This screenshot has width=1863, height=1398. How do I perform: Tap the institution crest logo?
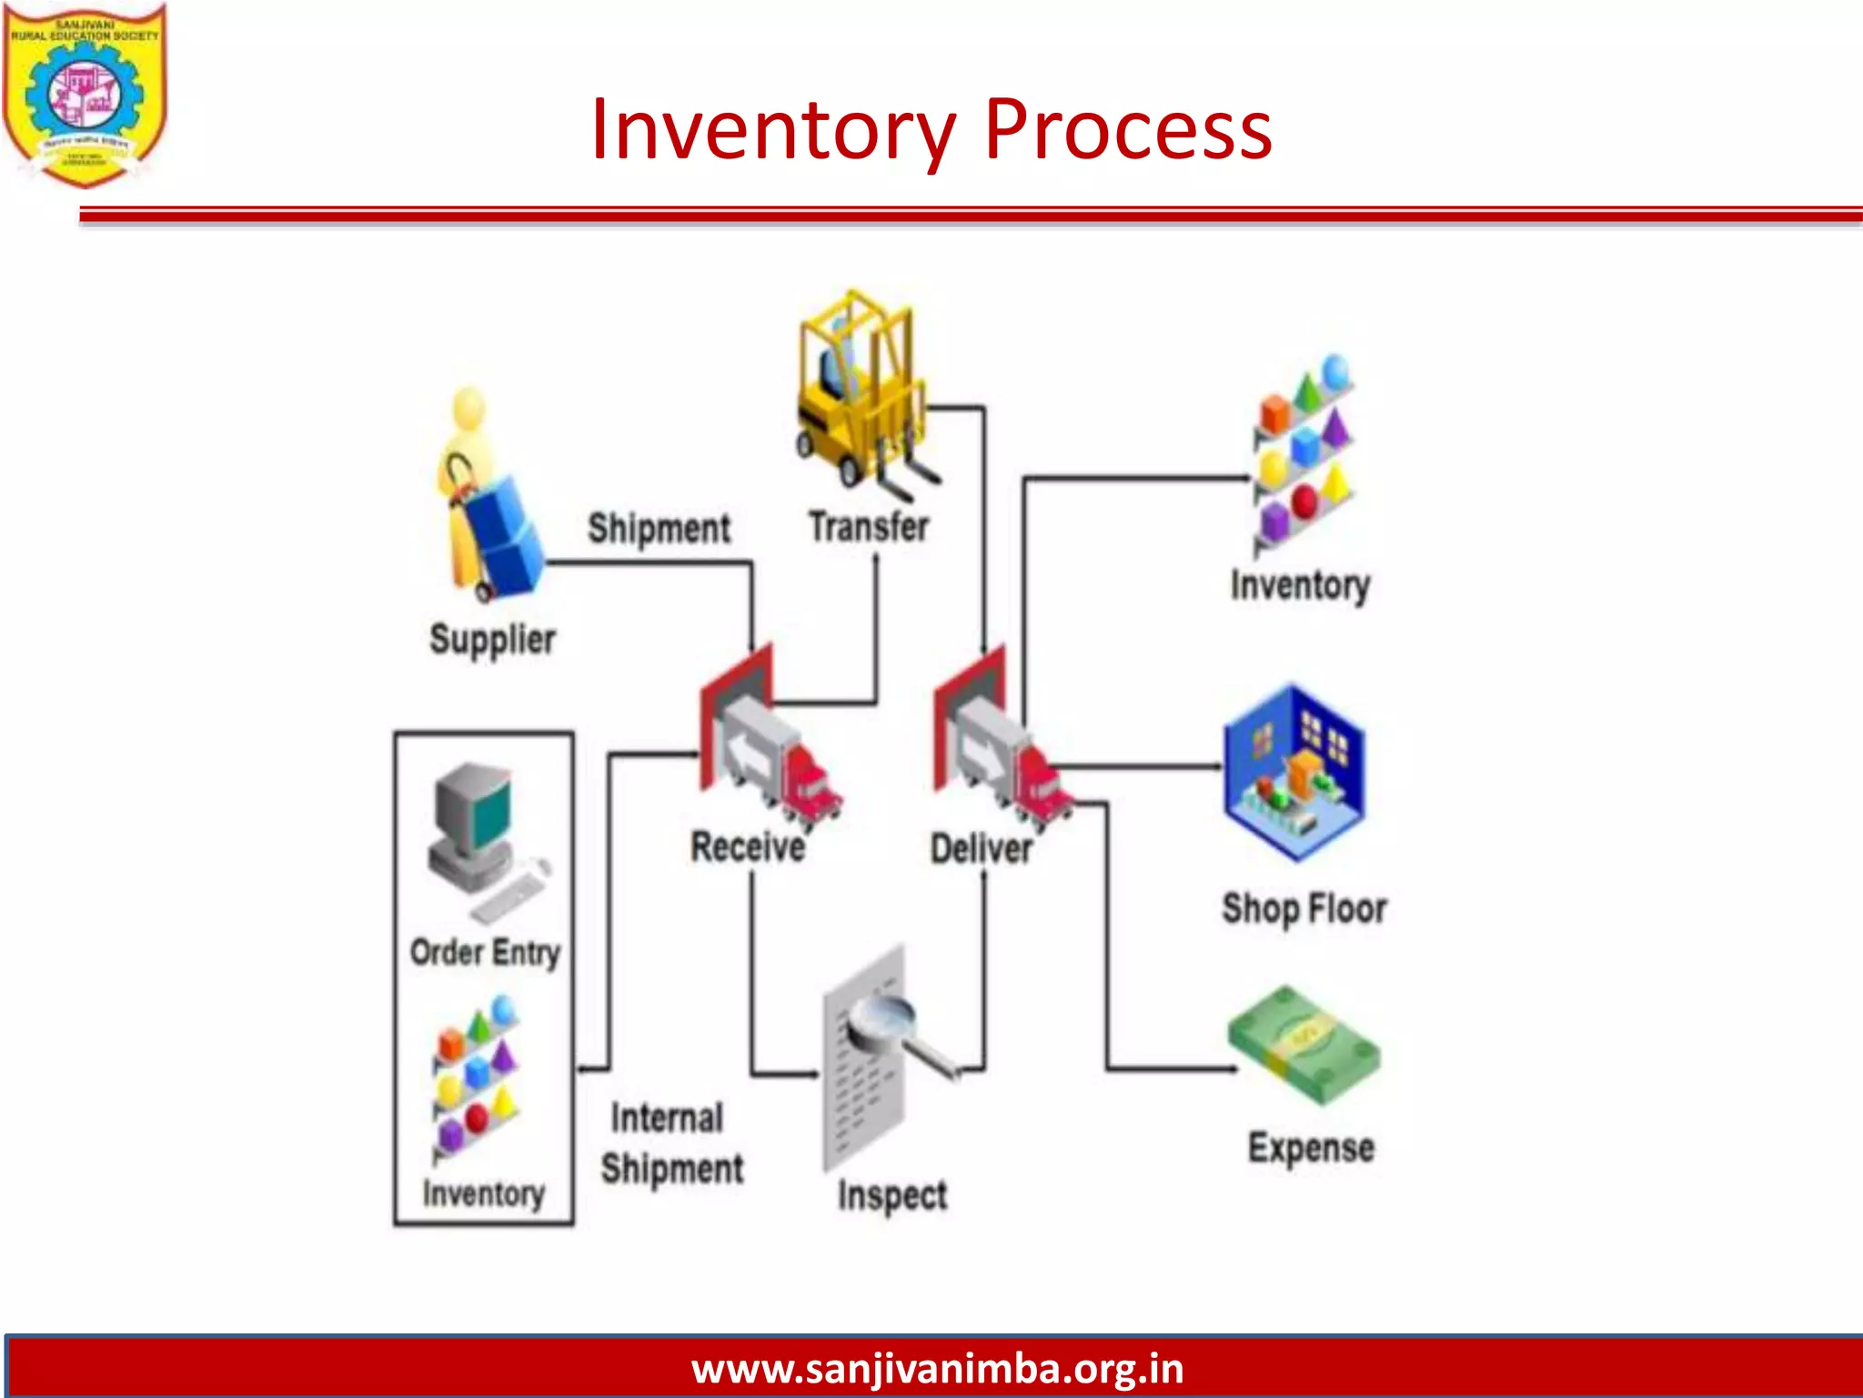tap(85, 94)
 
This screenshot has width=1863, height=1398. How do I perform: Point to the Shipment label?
tap(659, 529)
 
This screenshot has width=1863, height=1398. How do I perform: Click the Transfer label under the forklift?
tap(869, 527)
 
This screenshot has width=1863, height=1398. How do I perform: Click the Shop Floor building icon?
tap(1294, 774)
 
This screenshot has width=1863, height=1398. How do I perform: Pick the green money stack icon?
tap(1304, 1046)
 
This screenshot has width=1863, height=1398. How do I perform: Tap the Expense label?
tap(1311, 1148)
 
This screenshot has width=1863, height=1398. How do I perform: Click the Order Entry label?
tap(485, 953)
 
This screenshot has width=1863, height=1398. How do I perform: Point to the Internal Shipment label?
tap(671, 1143)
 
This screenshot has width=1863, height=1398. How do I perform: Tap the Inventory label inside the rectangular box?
tap(483, 1193)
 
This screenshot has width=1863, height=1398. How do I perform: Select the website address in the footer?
tap(937, 1369)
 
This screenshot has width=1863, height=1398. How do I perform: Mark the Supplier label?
tap(492, 640)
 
